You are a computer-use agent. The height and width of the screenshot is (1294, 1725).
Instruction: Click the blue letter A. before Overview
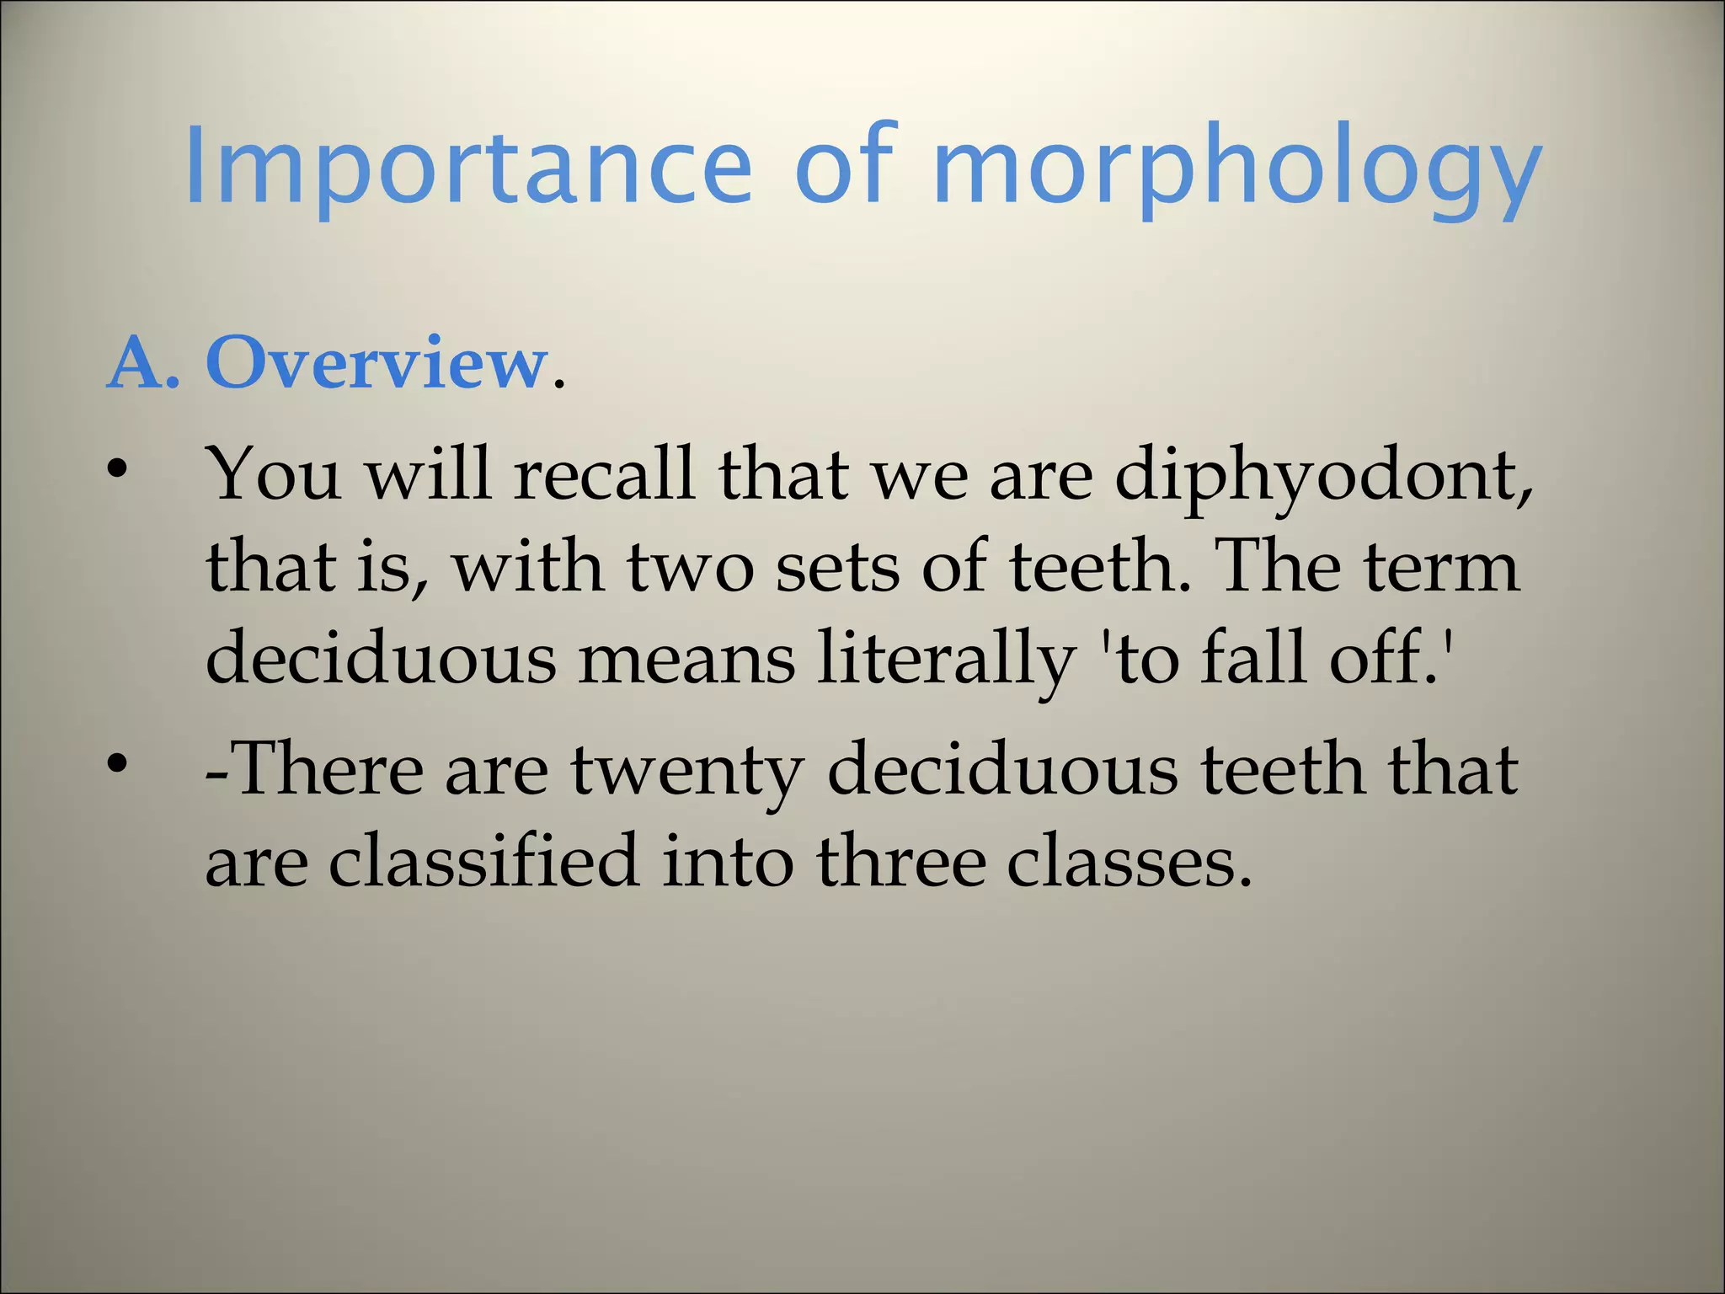(x=143, y=364)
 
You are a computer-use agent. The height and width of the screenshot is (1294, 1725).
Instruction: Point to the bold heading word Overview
(x=376, y=364)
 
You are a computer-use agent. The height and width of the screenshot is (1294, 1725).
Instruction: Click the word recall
(x=604, y=474)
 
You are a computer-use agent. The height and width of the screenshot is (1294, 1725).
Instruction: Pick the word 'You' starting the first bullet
(x=274, y=474)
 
